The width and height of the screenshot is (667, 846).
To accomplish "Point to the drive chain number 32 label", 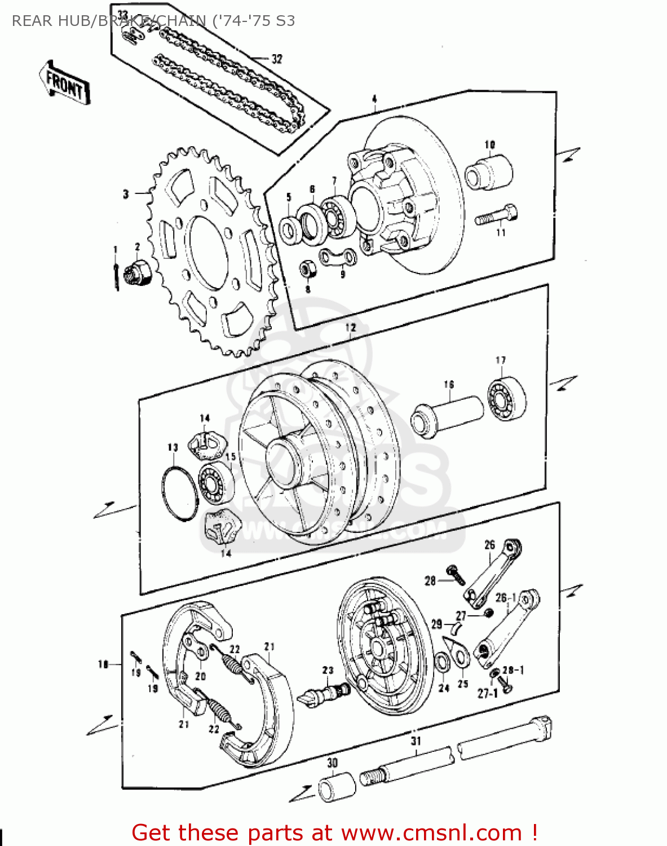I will click(x=276, y=59).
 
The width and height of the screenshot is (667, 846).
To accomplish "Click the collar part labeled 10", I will click(x=489, y=170).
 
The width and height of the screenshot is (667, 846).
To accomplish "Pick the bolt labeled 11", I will click(x=497, y=217).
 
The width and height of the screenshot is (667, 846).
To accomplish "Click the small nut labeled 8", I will click(x=307, y=268).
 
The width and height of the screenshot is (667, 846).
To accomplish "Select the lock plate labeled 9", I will click(x=338, y=257).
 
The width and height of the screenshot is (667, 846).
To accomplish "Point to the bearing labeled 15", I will click(x=217, y=483).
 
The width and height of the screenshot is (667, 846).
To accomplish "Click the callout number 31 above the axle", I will click(x=416, y=741).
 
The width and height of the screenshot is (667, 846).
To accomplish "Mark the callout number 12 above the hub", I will click(x=350, y=328).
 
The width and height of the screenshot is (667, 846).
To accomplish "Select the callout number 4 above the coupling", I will click(x=374, y=100).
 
